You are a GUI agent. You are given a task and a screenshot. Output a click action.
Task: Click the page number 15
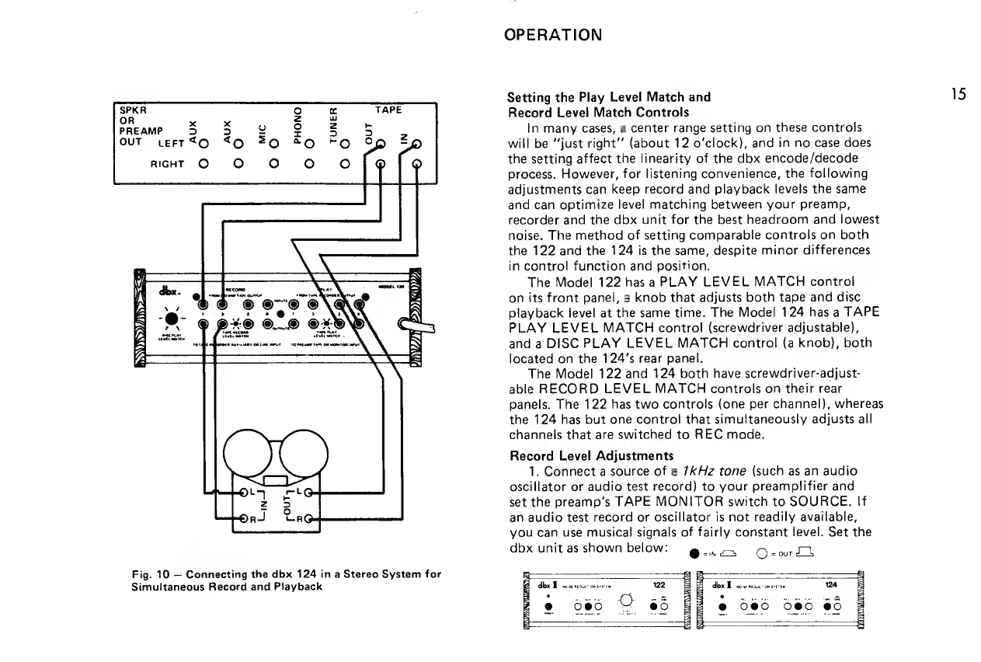click(x=959, y=95)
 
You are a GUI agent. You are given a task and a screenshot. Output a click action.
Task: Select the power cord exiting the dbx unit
click(x=417, y=324)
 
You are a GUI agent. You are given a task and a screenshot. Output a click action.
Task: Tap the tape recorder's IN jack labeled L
click(x=243, y=492)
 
